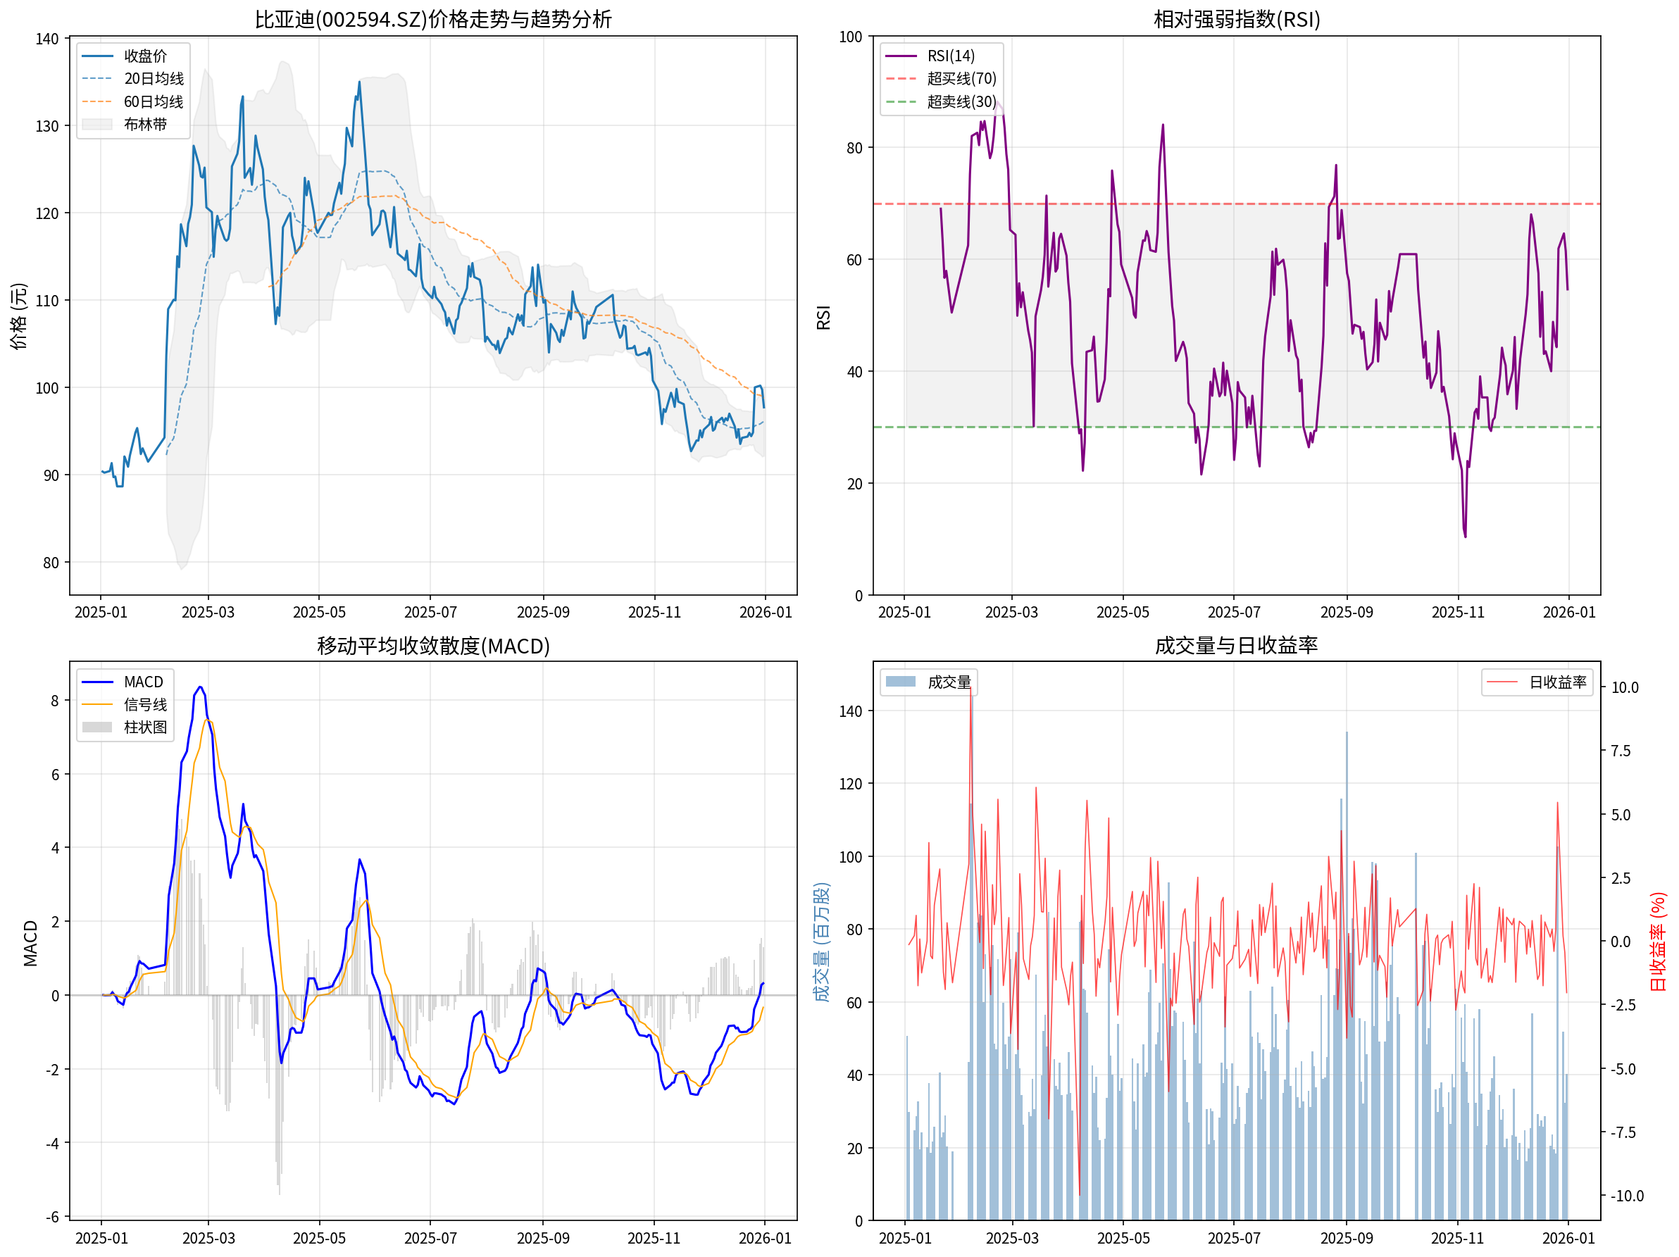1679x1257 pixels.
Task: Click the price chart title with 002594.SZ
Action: click(x=432, y=19)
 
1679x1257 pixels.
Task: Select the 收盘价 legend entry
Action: click(x=145, y=56)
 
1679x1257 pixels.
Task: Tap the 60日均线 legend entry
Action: click(x=154, y=101)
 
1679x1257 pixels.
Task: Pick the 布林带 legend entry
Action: click(x=145, y=125)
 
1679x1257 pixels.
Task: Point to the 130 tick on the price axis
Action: click(x=47, y=126)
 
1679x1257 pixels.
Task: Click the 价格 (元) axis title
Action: click(x=18, y=315)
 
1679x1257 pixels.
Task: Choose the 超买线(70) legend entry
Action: click(x=961, y=79)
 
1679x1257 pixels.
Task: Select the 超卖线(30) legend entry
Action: click(x=961, y=101)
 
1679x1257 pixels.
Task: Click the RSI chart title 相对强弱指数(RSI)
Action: click(x=1237, y=19)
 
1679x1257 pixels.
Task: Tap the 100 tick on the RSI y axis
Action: click(x=851, y=37)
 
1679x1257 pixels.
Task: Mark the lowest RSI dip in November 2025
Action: click(x=1465, y=537)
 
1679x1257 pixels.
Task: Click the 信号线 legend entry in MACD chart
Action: click(x=145, y=704)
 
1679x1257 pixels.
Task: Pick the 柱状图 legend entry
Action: click(x=145, y=727)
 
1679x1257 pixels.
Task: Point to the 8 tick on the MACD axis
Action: click(x=55, y=701)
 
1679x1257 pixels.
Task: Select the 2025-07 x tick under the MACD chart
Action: click(x=430, y=1238)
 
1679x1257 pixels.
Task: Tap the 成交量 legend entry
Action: click(x=949, y=682)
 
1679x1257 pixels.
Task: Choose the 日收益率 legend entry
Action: click(x=1558, y=682)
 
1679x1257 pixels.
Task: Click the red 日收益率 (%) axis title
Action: click(x=1659, y=942)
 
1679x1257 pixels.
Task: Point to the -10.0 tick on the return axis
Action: click(x=1628, y=1196)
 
